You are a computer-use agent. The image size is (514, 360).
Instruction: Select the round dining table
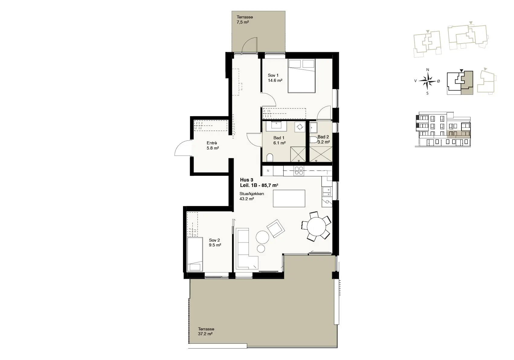click(316, 227)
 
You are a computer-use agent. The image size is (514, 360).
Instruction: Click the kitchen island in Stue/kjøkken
click(289, 198)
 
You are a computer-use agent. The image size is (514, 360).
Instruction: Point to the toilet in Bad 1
click(270, 158)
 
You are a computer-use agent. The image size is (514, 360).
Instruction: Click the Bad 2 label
click(323, 137)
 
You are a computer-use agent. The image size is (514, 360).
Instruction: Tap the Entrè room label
click(212, 143)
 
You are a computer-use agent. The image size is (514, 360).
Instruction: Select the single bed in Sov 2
click(195, 255)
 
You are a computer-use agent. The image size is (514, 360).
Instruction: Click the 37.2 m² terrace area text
click(205, 334)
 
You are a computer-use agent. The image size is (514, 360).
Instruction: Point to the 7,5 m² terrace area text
click(243, 22)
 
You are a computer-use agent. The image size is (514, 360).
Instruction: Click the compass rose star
click(427, 81)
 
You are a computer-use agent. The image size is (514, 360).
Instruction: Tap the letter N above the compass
click(428, 70)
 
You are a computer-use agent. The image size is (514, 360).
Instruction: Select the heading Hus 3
click(246, 180)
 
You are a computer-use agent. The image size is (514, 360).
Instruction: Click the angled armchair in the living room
click(276, 229)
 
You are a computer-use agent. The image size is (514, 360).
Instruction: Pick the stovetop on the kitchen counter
click(299, 171)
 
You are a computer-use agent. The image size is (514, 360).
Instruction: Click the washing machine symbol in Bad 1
click(300, 127)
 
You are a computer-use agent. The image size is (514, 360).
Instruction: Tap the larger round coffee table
click(262, 237)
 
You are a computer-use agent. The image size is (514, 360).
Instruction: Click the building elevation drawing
click(443, 129)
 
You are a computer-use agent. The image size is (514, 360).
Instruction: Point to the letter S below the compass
click(427, 93)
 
